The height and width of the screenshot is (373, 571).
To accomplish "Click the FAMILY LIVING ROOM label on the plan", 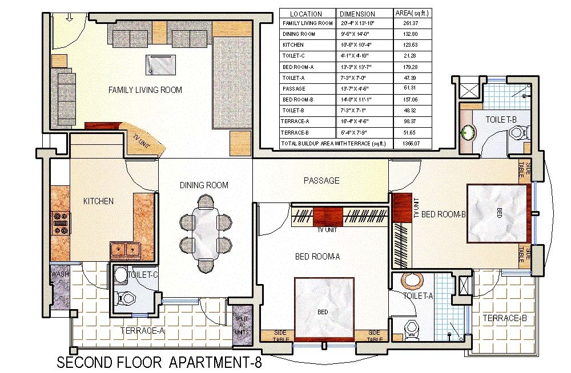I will [x=145, y=90].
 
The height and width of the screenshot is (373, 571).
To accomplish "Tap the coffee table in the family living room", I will [x=160, y=64].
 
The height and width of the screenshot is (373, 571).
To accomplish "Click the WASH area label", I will [x=59, y=274].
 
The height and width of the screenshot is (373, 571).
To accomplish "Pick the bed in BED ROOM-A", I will [x=322, y=311].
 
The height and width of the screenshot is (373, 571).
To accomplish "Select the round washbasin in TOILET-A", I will [x=412, y=282].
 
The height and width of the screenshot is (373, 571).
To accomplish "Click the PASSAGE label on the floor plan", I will [x=321, y=180].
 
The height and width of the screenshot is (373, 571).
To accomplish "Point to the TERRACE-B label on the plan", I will [x=504, y=318].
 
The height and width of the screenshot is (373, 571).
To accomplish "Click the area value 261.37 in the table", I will [x=412, y=23].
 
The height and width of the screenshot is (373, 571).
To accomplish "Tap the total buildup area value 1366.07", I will [x=412, y=143].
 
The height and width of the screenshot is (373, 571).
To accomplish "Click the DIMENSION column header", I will [x=357, y=14].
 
